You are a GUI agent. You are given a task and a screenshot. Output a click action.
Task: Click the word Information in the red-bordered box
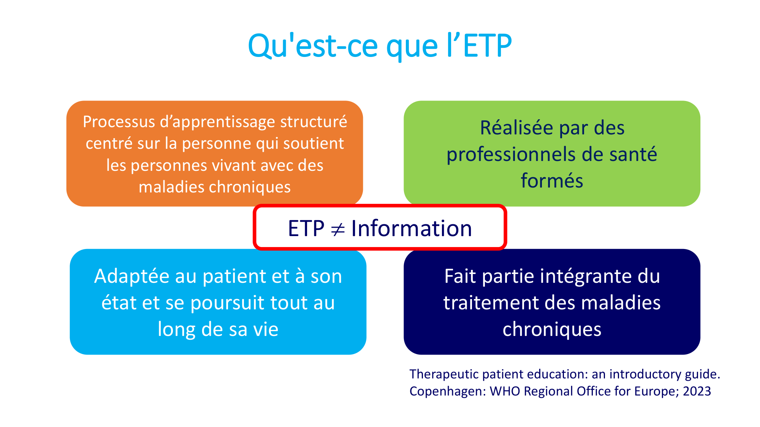pyautogui.click(x=411, y=228)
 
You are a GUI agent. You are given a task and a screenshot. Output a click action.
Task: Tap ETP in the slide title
pyautogui.click(x=488, y=46)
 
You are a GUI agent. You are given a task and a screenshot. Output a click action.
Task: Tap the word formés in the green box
pyautogui.click(x=552, y=181)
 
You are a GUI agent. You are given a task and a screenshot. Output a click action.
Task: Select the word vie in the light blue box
pyautogui.click(x=266, y=329)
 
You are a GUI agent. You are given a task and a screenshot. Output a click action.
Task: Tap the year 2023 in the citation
pyautogui.click(x=697, y=391)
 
